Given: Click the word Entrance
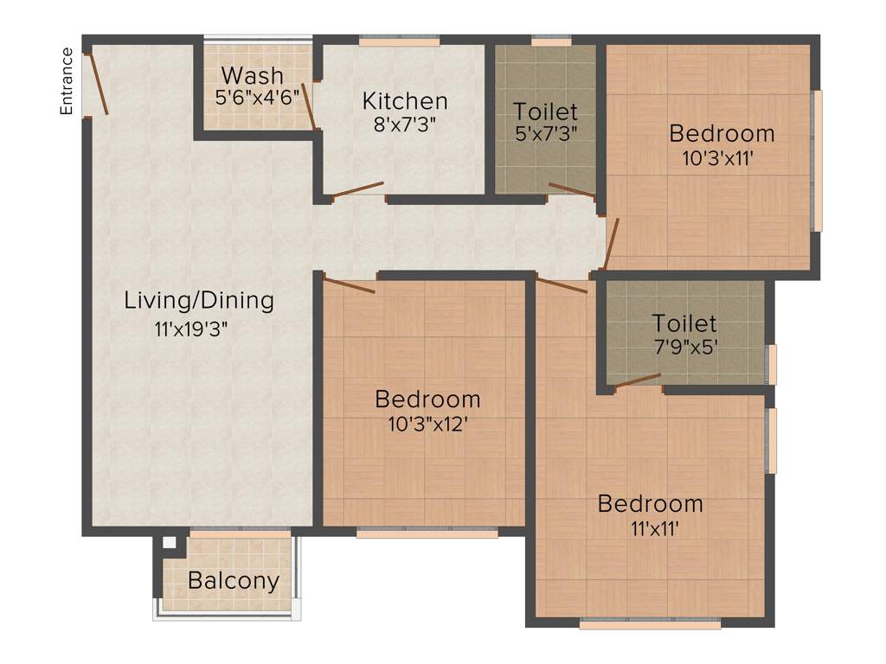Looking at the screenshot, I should tap(66, 80).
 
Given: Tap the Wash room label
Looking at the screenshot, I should tap(252, 73).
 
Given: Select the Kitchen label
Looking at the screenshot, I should tap(405, 100).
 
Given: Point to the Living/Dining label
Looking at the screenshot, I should tap(199, 301).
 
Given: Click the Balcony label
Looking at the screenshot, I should tap(234, 580).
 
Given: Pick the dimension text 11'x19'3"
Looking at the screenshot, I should tap(190, 329).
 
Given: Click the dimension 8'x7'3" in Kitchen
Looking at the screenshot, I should tap(404, 124).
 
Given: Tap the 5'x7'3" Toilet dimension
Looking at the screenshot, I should tap(545, 133).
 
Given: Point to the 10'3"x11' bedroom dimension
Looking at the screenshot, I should tap(722, 158).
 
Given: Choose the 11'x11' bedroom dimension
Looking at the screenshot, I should tap(650, 528).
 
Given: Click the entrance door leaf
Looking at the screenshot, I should tap(96, 84).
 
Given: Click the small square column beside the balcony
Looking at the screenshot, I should tap(170, 543).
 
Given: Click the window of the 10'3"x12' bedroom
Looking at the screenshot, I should tap(427, 533).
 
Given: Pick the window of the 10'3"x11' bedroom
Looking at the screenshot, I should tap(817, 160).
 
